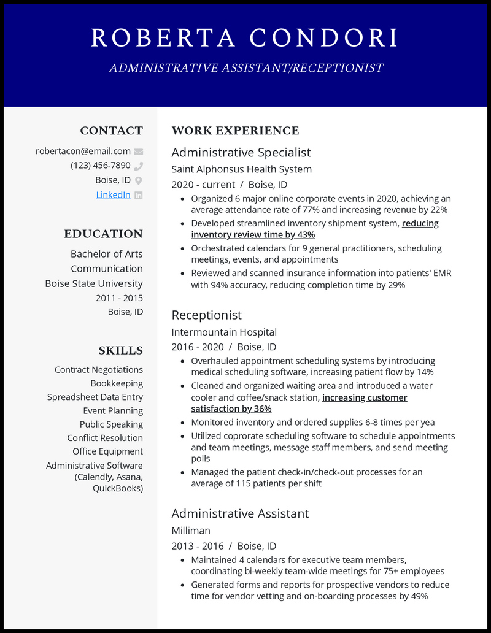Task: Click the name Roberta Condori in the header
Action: click(x=245, y=38)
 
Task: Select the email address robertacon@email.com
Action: click(x=83, y=151)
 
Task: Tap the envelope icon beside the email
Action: click(x=139, y=152)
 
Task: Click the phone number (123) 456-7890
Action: click(x=100, y=166)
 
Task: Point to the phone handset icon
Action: click(x=139, y=166)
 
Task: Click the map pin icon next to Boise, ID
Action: click(x=139, y=180)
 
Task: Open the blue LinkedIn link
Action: click(x=113, y=195)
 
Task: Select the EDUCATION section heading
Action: click(x=103, y=234)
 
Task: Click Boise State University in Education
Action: click(x=94, y=283)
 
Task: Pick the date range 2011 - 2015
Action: click(x=119, y=298)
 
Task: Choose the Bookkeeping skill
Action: click(x=117, y=383)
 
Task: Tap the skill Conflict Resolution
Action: click(x=105, y=438)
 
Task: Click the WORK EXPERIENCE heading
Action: click(x=235, y=131)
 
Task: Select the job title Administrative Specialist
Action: click(x=241, y=152)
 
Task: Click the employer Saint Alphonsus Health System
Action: click(x=241, y=169)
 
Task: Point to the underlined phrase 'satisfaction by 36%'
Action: click(x=231, y=409)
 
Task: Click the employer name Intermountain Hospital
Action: click(x=224, y=332)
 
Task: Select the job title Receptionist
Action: click(x=206, y=315)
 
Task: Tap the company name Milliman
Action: click(x=191, y=530)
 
